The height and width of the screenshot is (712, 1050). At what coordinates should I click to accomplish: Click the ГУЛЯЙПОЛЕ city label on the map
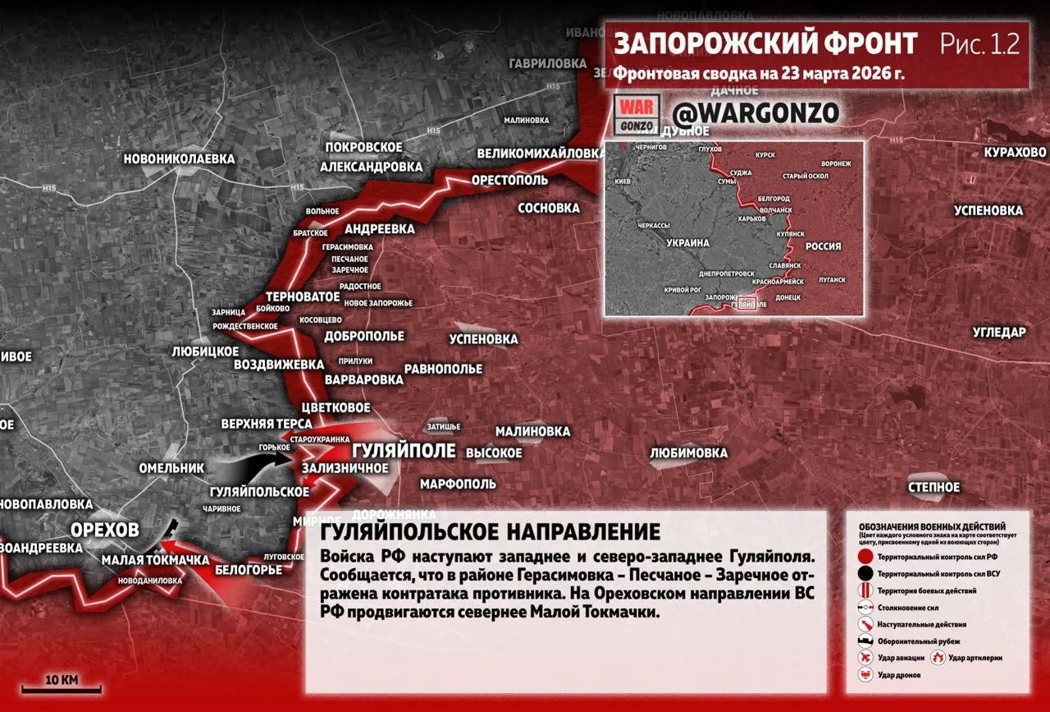(404, 452)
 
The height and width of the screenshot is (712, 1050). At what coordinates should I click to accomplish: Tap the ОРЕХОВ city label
(104, 530)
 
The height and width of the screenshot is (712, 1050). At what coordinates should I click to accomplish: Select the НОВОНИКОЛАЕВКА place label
(179, 158)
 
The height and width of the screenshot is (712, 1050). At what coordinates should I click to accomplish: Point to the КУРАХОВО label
(1016, 152)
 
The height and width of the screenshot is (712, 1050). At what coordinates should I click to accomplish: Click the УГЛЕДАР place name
(999, 332)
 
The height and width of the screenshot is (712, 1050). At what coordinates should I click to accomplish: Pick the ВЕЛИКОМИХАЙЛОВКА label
(541, 154)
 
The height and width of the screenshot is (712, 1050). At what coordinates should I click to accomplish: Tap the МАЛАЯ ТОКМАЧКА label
(155, 560)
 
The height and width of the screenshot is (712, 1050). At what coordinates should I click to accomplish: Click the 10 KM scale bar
(62, 687)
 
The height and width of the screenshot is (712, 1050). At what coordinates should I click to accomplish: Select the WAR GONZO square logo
(637, 113)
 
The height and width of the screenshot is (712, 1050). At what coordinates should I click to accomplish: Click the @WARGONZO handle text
(756, 113)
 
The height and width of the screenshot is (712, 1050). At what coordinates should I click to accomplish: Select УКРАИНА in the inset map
(687, 243)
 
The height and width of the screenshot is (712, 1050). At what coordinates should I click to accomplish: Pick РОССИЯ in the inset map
(823, 246)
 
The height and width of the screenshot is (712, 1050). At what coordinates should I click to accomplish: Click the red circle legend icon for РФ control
(865, 557)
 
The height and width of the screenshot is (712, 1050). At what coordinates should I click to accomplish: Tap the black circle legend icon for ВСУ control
(865, 574)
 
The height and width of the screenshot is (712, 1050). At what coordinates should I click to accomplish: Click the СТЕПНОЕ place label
(934, 487)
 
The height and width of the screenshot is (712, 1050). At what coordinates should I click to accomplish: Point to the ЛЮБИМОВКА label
(688, 452)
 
